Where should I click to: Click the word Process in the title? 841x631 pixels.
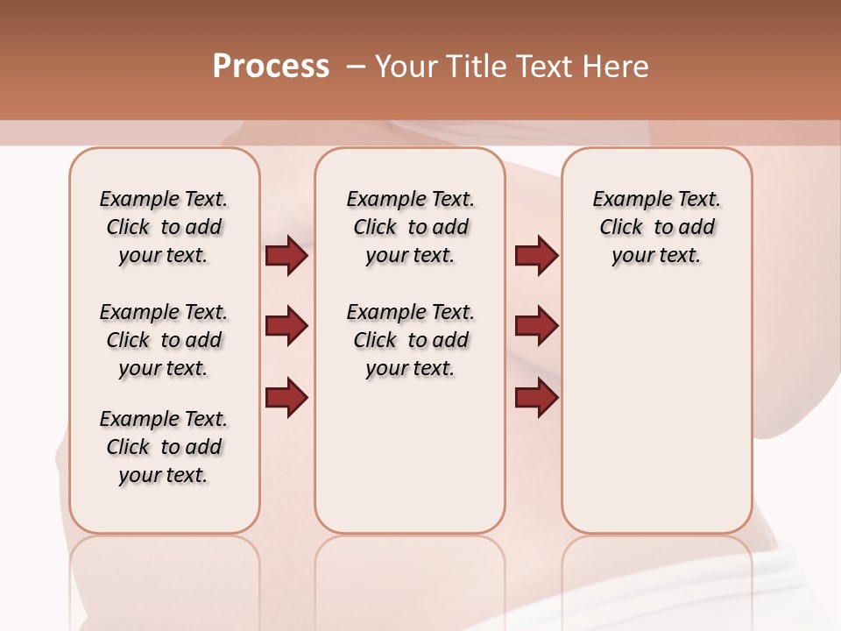(x=271, y=67)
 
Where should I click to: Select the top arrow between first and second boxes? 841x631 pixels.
(x=286, y=256)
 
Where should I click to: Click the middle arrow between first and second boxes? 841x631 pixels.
(x=286, y=326)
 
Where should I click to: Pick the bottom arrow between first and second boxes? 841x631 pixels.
(x=286, y=397)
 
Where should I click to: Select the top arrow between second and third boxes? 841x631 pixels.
(x=536, y=256)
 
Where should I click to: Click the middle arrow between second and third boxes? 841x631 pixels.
(x=536, y=326)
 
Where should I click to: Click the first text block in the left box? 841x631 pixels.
(x=164, y=227)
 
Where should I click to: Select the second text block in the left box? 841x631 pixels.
(x=164, y=340)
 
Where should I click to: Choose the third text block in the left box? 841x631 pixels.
(x=164, y=447)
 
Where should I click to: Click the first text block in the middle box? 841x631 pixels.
(x=410, y=227)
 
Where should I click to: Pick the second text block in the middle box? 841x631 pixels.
(x=410, y=340)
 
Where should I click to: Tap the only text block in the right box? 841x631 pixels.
(x=656, y=227)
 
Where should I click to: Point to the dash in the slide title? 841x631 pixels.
(x=355, y=67)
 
